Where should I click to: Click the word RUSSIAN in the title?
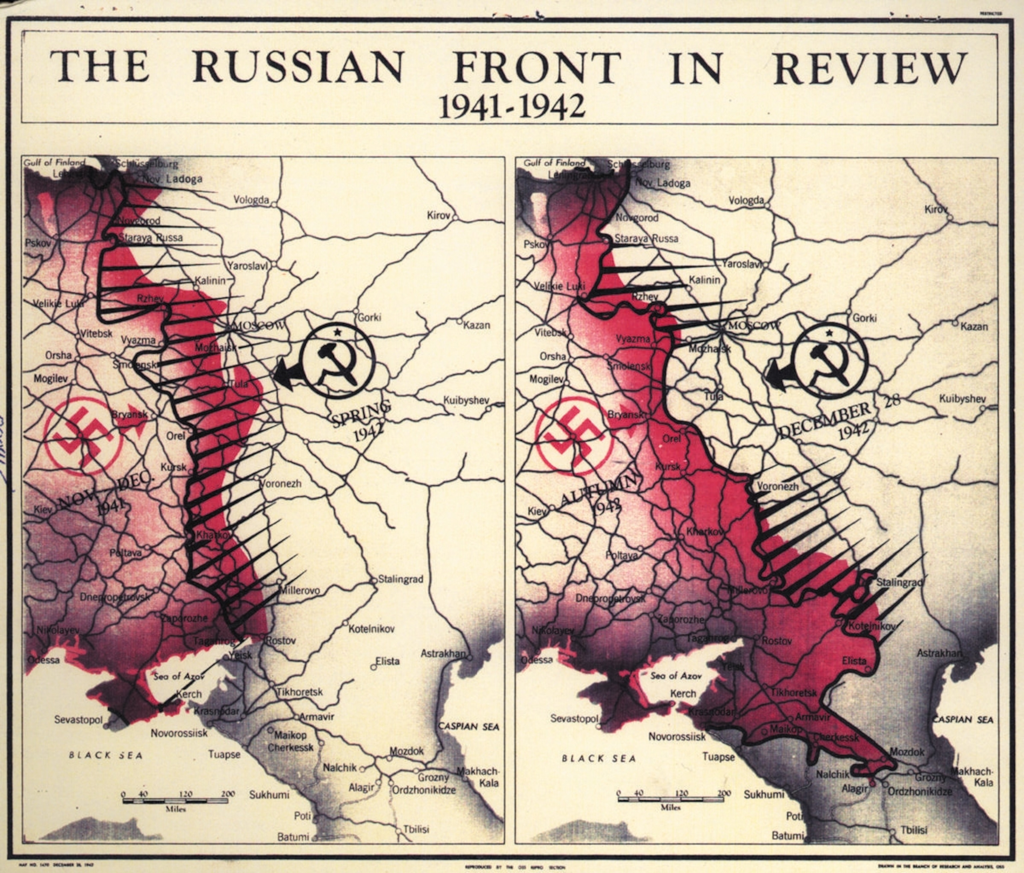click(298, 68)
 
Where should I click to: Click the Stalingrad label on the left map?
click(400, 579)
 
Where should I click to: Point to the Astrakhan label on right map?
click(939, 653)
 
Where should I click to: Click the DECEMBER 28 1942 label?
click(835, 420)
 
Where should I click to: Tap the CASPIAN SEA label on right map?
click(963, 719)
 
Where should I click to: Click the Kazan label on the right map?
click(974, 326)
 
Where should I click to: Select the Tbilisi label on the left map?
click(416, 829)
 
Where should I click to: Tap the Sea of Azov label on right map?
click(676, 676)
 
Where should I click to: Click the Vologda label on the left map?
click(251, 200)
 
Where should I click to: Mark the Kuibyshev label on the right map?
click(962, 398)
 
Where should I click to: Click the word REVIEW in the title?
click(870, 68)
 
